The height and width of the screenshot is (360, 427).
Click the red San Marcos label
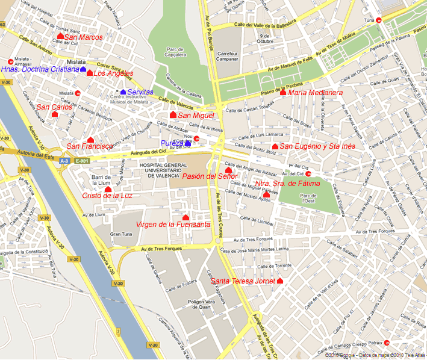[83, 37]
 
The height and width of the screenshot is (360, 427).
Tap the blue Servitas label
[140, 92]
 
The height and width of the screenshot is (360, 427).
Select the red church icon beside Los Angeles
[90, 73]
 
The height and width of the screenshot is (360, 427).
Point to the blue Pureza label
[172, 143]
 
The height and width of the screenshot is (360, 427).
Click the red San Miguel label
[196, 116]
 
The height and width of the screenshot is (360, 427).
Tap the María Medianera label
[315, 93]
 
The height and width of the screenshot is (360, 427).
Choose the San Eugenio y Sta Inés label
[317, 146]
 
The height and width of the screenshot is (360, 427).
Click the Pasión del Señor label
[210, 176]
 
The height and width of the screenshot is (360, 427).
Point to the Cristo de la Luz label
[107, 196]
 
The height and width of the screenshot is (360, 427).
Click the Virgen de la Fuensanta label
[173, 225]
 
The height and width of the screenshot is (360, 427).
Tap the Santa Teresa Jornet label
[243, 281]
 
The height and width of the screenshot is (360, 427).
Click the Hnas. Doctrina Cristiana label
[40, 70]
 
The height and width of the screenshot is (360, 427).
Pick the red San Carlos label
[54, 107]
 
